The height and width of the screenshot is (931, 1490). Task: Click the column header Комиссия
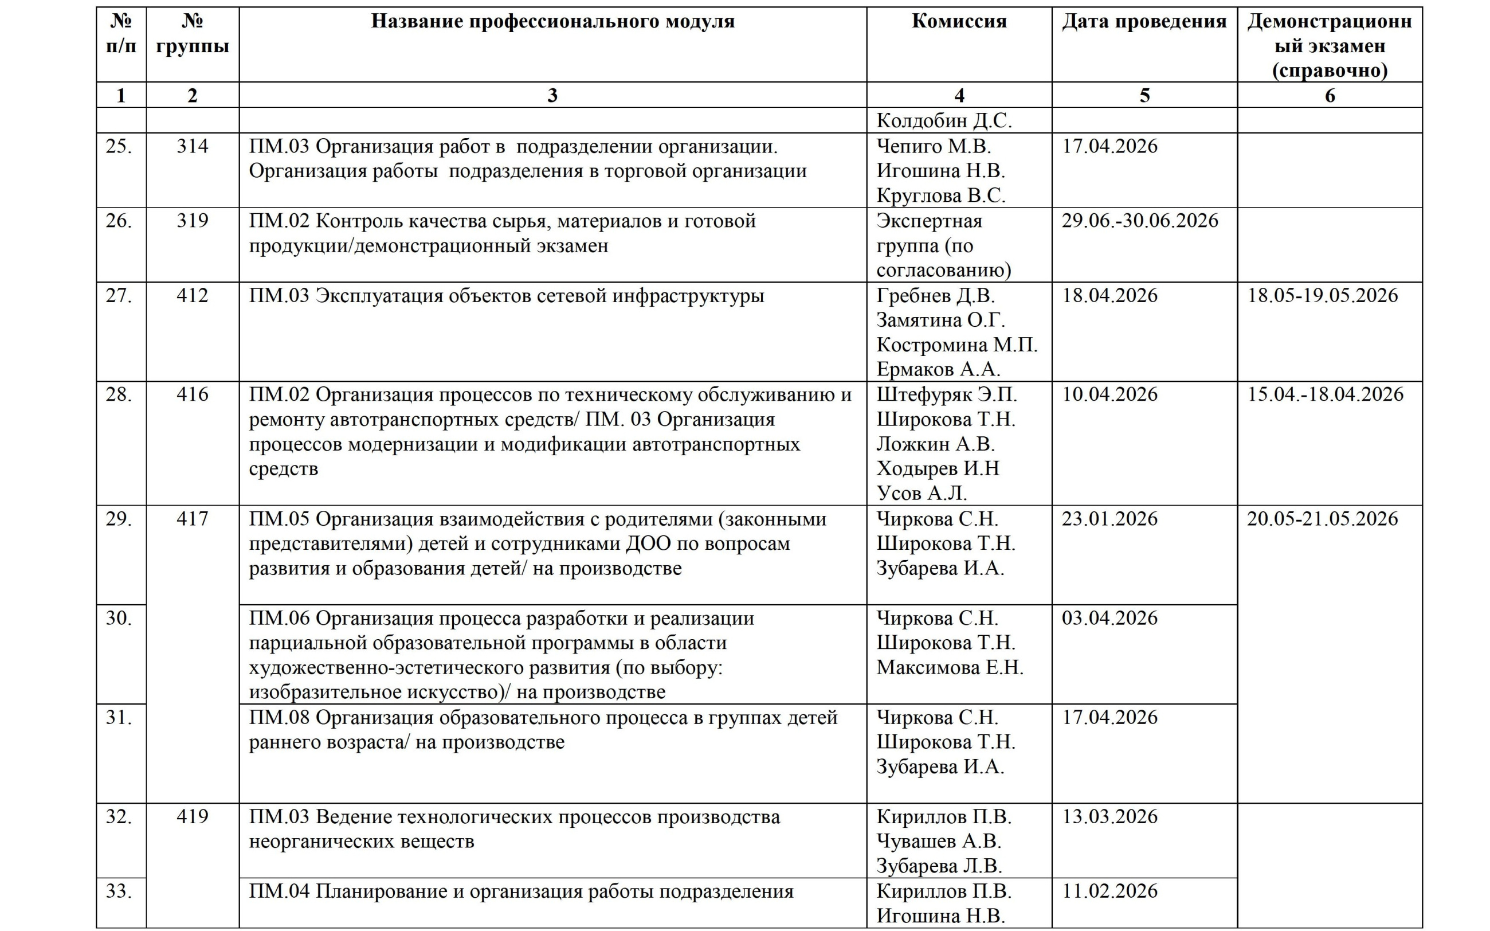(x=959, y=22)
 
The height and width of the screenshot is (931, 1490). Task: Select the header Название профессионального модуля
(x=552, y=22)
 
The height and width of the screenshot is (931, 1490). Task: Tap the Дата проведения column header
(x=1144, y=22)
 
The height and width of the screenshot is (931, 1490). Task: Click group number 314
(x=193, y=147)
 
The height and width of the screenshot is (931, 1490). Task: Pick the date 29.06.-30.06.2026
(x=1140, y=221)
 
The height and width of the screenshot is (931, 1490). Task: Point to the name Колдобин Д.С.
(x=944, y=121)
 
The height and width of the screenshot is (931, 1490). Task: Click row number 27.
(x=119, y=296)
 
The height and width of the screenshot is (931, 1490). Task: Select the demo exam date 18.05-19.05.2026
(x=1323, y=296)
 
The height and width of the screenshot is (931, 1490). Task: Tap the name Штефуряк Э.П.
(x=947, y=394)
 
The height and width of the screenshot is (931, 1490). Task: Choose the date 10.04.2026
(x=1109, y=394)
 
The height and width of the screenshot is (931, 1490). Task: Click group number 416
(x=193, y=394)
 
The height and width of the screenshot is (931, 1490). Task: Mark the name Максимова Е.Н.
(x=950, y=667)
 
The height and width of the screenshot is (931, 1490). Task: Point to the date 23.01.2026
(x=1109, y=519)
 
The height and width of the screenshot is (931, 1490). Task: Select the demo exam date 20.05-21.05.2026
(x=1323, y=519)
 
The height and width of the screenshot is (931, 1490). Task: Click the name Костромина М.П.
(x=957, y=345)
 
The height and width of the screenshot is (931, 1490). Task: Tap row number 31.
(x=119, y=718)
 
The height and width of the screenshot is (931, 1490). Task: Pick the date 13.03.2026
(x=1109, y=817)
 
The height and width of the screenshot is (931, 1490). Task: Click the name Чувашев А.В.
(x=939, y=842)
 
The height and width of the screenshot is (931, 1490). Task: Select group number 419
(x=193, y=817)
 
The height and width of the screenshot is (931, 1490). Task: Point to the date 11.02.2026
(x=1109, y=891)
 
